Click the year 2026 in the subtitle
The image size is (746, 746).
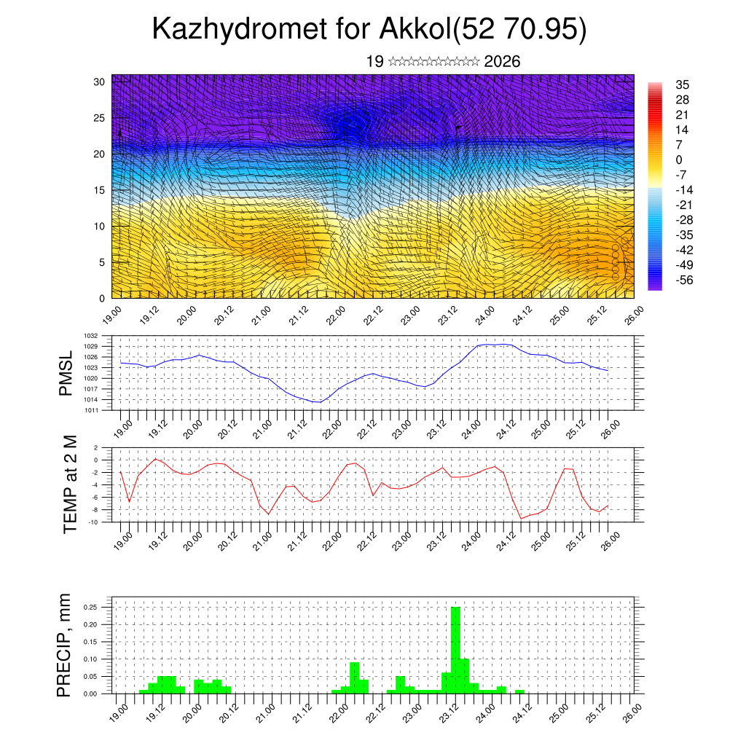pyautogui.click(x=502, y=62)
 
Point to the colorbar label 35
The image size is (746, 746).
pyautogui.click(x=683, y=85)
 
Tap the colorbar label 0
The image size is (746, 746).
pyautogui.click(x=679, y=160)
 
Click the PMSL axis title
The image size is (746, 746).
pyautogui.click(x=66, y=374)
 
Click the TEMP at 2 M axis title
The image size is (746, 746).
pyautogui.click(x=70, y=484)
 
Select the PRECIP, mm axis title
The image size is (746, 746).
pyautogui.click(x=65, y=645)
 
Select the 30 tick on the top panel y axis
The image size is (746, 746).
pyautogui.click(x=99, y=82)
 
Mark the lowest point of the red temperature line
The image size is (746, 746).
pyautogui.click(x=522, y=518)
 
